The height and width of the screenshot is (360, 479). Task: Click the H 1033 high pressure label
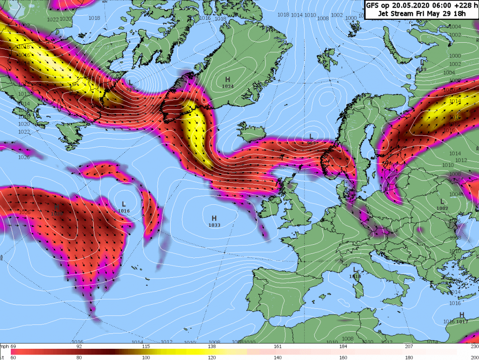[x=214, y=221]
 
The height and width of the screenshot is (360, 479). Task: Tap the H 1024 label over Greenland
[x=228, y=82]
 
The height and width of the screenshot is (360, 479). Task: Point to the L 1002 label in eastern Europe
[x=443, y=205]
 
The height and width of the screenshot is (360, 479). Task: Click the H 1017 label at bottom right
[x=461, y=318]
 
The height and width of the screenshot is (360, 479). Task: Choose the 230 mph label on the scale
[x=474, y=346]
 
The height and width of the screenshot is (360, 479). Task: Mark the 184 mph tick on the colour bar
[x=343, y=346]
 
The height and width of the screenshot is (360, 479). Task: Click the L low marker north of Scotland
[x=311, y=136]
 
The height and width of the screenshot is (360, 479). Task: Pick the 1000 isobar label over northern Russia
[x=455, y=56]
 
